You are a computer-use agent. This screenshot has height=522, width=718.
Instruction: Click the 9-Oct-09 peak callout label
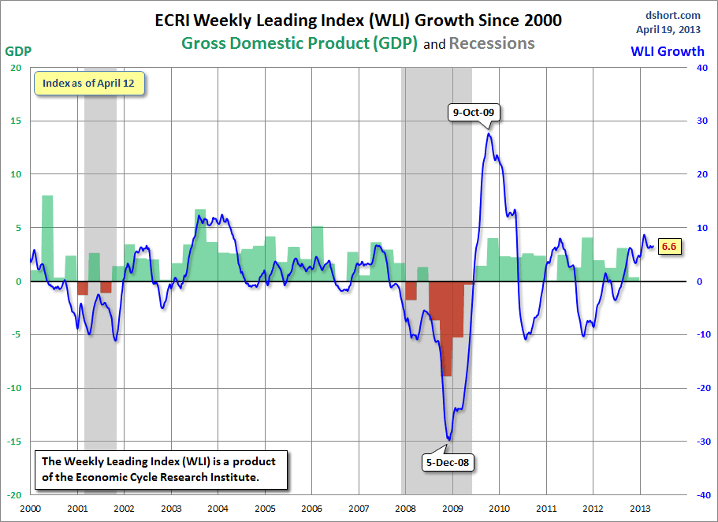[x=473, y=112]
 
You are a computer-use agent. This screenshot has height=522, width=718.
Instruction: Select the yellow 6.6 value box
[x=669, y=246]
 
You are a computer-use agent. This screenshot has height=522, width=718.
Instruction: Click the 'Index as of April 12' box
[x=89, y=84]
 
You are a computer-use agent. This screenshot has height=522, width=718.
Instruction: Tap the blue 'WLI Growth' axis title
[x=668, y=51]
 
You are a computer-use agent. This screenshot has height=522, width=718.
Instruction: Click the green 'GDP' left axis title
[x=18, y=51]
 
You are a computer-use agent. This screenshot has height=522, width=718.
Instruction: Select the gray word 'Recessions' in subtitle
[x=492, y=43]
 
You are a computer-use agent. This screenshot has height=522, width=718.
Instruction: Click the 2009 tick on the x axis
[x=452, y=509]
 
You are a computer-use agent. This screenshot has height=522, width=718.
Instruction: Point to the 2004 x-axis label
[x=218, y=509]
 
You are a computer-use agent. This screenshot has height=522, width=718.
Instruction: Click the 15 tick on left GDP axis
[x=16, y=121]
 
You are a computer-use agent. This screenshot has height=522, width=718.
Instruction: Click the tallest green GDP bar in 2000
[x=47, y=237]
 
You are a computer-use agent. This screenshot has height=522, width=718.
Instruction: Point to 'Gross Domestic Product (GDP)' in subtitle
[x=299, y=43]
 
